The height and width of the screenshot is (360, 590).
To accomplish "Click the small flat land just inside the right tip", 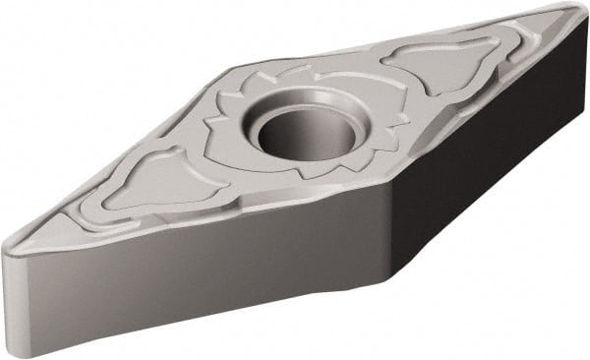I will point(546,22).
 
